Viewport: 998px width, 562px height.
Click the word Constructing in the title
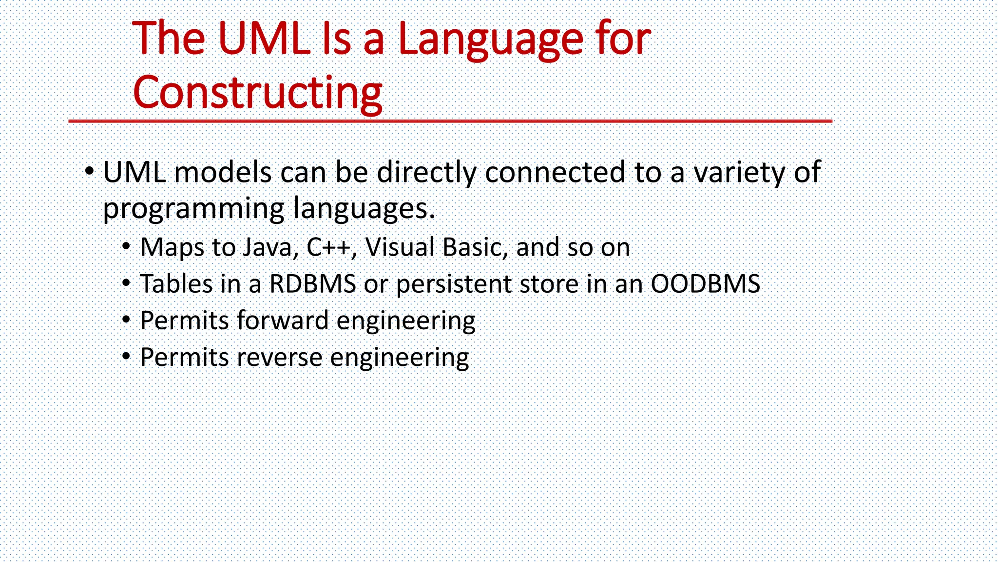257,93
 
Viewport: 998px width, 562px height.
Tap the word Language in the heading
490,39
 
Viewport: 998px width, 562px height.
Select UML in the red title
264,39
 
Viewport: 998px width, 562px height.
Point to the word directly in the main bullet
426,173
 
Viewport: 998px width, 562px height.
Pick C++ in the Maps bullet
328,247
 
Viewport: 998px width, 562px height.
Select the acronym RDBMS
312,284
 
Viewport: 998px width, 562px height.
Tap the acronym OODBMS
705,284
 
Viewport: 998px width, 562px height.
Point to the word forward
283,321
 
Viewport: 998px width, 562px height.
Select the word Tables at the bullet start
176,284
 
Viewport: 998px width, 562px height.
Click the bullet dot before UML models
89,171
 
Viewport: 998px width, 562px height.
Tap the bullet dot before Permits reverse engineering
126,357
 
